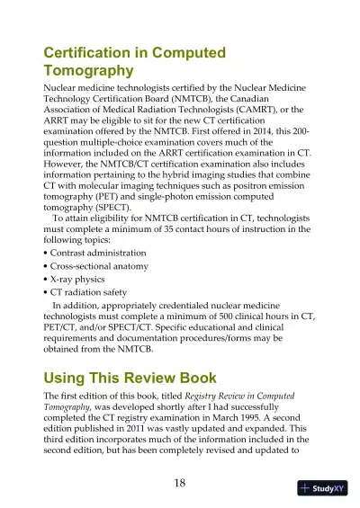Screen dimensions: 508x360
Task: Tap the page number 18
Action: [x=179, y=484]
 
